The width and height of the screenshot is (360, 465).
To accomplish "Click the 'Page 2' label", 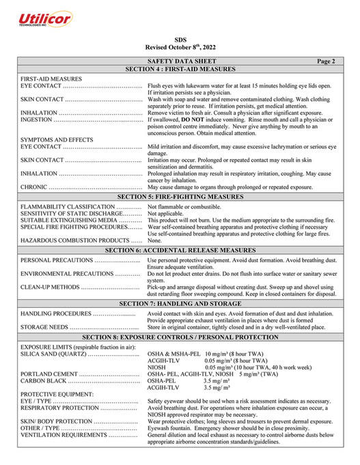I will click(x=327, y=61).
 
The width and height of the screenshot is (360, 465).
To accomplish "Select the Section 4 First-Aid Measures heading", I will click(x=180, y=70).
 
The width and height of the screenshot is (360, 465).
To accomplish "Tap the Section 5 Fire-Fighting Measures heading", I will click(x=180, y=196).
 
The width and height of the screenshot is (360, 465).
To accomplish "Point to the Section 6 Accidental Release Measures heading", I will click(x=180, y=251).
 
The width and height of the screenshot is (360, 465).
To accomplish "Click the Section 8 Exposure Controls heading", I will click(x=180, y=337).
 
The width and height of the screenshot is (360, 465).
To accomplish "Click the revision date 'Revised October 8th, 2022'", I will click(x=180, y=48).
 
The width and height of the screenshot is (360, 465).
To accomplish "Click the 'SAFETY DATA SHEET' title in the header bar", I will click(x=180, y=61).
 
